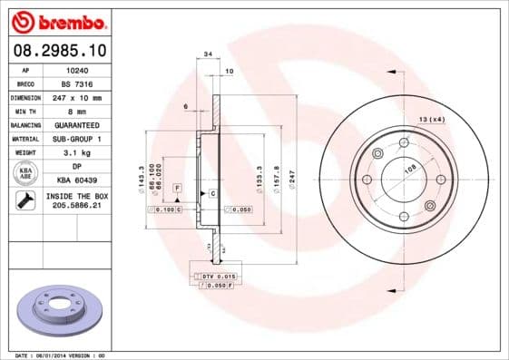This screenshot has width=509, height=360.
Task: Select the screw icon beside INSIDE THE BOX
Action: [x=25, y=201]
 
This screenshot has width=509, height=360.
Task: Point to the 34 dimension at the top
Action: [x=209, y=55]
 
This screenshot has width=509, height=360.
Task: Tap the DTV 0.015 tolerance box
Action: [x=218, y=275]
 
